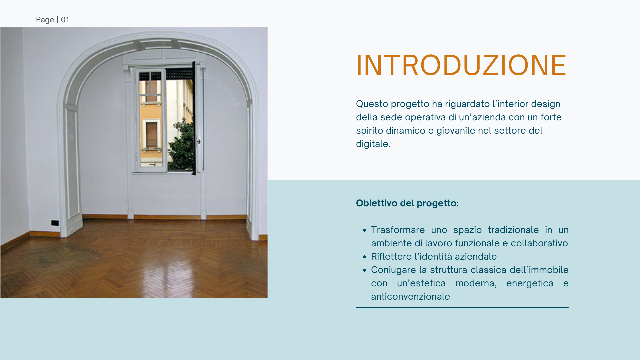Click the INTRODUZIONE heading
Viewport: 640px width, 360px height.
click(x=461, y=65)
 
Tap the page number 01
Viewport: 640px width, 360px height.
click(x=65, y=20)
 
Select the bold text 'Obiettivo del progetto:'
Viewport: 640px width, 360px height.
click(x=407, y=203)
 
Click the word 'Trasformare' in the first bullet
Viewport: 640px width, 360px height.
click(x=398, y=230)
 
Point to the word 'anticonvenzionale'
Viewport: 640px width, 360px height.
click(x=410, y=296)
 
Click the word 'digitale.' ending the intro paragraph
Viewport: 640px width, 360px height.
click(x=373, y=144)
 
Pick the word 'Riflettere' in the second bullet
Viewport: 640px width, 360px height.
click(x=391, y=256)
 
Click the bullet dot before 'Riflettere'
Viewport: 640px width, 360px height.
click(x=364, y=257)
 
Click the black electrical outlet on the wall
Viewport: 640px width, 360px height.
click(x=55, y=223)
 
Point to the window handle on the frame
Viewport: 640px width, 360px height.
click(x=199, y=142)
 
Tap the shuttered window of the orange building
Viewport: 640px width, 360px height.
click(x=152, y=135)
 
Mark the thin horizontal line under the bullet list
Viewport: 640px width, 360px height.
click(x=462, y=307)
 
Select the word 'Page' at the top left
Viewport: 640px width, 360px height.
click(x=45, y=20)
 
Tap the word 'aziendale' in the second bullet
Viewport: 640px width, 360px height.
click(x=476, y=256)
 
